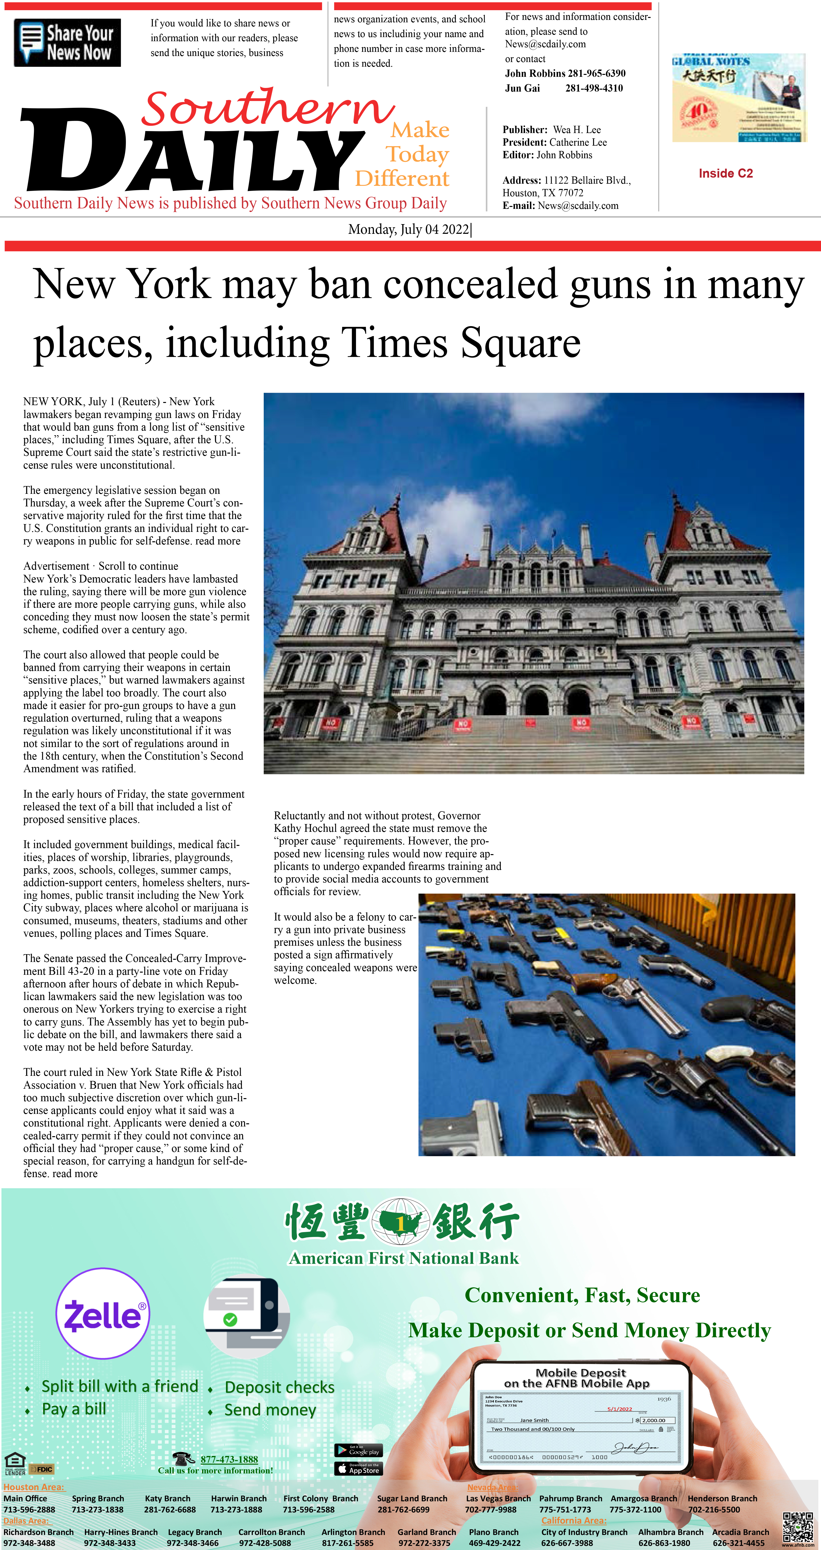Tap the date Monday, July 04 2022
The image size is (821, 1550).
409,229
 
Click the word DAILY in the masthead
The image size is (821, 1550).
193,150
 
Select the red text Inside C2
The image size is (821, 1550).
725,173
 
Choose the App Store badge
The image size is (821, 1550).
358,1469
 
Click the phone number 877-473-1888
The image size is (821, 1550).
229,1459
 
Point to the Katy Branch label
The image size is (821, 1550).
167,1498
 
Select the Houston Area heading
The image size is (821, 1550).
34,1487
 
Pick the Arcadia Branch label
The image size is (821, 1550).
740,1532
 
